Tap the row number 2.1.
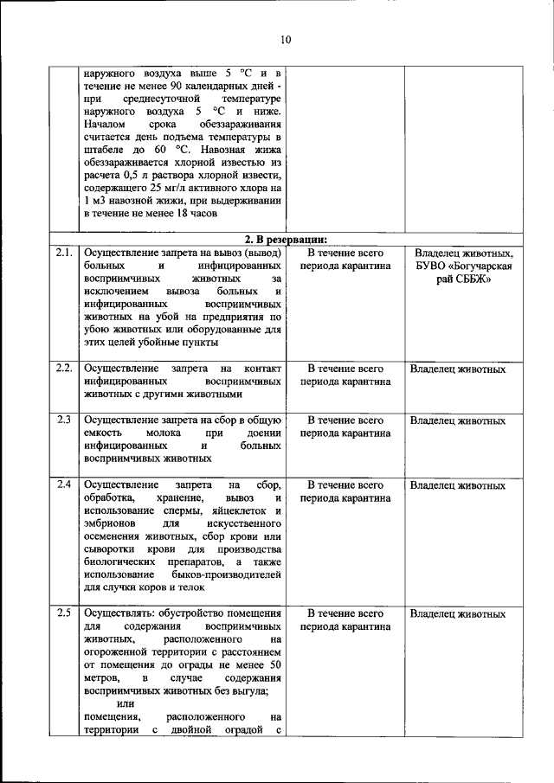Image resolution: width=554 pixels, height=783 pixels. [62, 254]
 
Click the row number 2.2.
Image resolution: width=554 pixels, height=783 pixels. [62, 369]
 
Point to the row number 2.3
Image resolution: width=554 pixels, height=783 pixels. [62, 421]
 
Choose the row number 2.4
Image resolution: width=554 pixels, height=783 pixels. [62, 485]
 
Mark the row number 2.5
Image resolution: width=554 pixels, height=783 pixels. [62, 614]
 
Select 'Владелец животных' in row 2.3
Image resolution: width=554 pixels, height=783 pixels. [458, 421]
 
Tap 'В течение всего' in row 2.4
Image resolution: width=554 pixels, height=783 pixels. [345, 485]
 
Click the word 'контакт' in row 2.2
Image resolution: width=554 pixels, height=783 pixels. [263, 369]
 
